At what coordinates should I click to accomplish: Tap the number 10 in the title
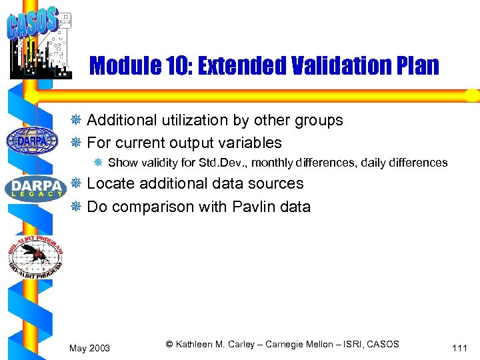coord(175,67)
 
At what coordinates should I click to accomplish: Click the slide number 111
coord(459,348)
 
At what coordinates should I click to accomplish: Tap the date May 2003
coord(89,348)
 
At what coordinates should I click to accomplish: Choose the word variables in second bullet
coord(253,143)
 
